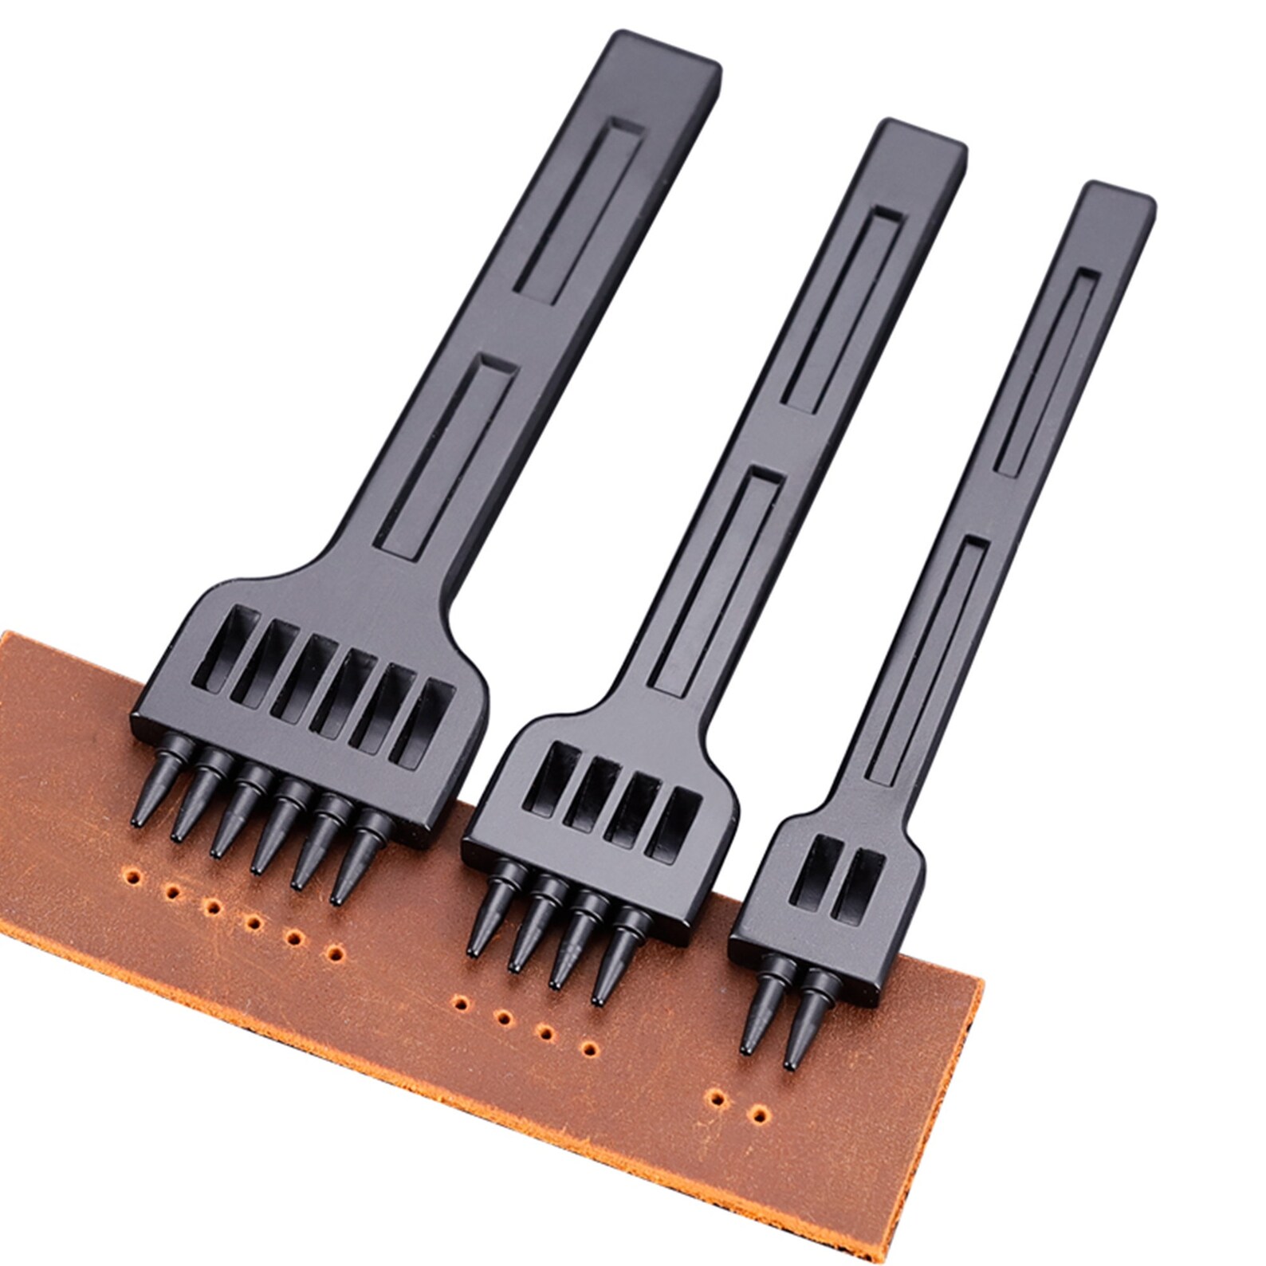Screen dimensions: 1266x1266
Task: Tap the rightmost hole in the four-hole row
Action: pyautogui.click(x=591, y=1046)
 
